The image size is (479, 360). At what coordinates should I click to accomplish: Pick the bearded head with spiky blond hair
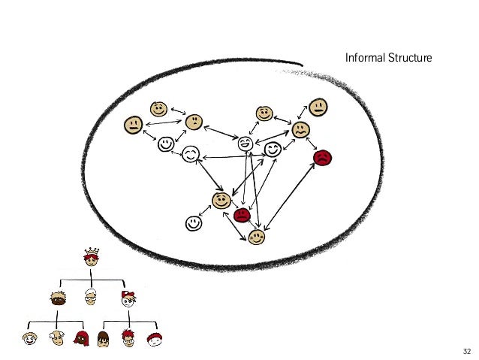coord(59,298)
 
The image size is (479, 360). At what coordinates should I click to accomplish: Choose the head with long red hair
coord(82,338)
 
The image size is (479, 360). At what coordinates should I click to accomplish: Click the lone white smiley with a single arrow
coord(194,223)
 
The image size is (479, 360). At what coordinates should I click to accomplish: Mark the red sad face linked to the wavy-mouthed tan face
coord(323,158)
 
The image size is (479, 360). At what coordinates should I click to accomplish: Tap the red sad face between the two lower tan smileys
coord(242,216)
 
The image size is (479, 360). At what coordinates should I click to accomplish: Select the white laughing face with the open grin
coord(246,144)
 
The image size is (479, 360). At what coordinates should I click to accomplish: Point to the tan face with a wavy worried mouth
coord(301,129)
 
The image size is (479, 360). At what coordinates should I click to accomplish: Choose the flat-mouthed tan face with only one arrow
coord(318,107)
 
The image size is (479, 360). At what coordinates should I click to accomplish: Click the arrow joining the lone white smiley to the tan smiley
coord(207,212)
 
